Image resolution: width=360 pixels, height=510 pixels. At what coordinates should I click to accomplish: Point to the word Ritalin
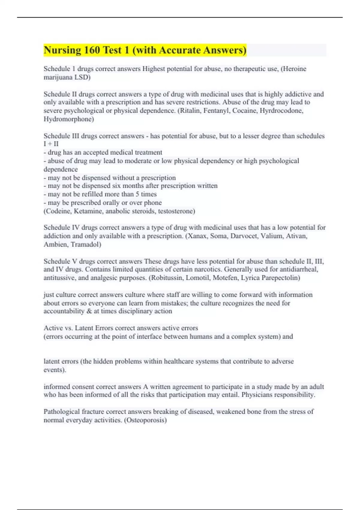pos(190,111)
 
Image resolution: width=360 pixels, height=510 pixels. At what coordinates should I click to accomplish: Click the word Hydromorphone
pos(68,119)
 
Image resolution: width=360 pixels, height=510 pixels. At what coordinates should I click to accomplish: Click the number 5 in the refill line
pos(137,194)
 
